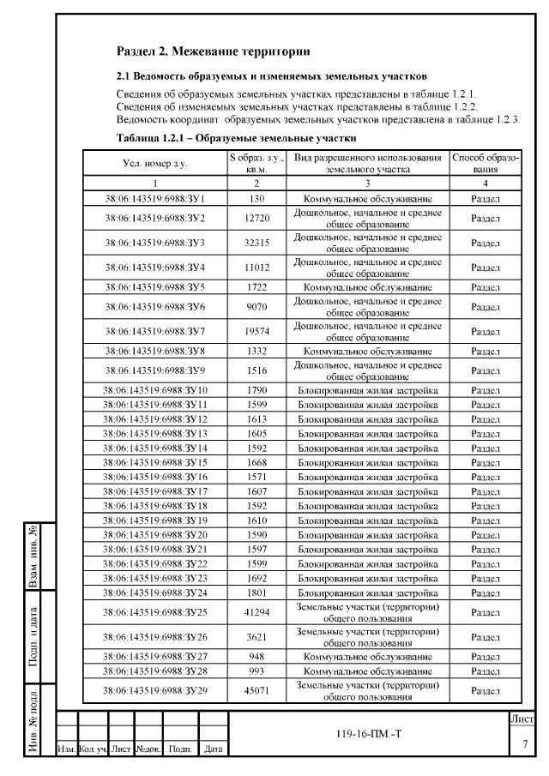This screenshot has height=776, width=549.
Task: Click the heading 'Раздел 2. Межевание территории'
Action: (x=213, y=53)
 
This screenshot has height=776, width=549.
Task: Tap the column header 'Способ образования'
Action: (x=486, y=163)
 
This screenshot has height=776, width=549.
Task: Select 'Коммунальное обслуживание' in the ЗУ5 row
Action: (x=368, y=286)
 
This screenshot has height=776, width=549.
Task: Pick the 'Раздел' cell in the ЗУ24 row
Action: (x=486, y=593)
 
